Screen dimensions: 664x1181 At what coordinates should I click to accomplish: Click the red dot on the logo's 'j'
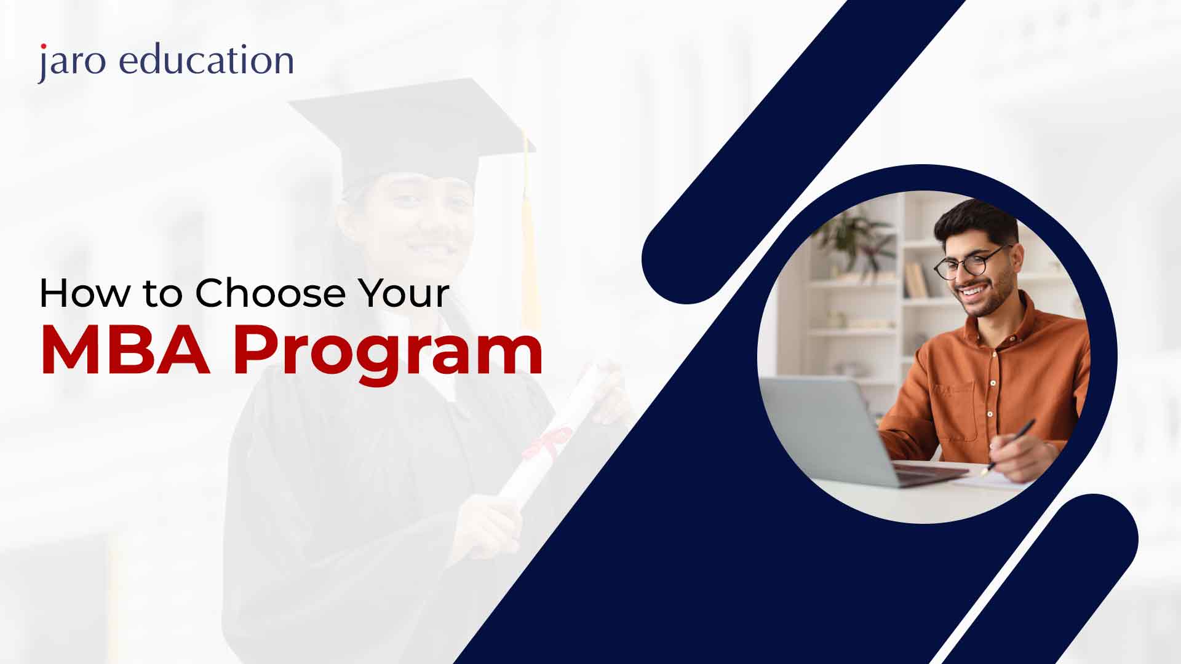(x=43, y=47)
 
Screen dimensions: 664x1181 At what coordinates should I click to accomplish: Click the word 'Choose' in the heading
(x=271, y=293)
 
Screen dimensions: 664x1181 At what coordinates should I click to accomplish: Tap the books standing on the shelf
(x=917, y=280)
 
